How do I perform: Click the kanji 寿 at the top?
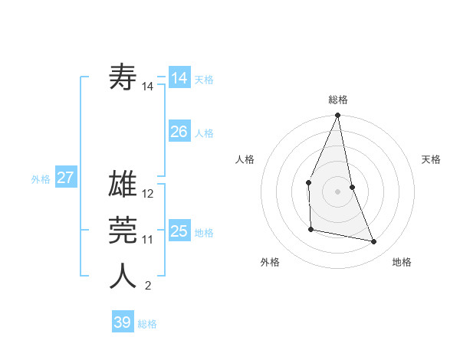click(x=123, y=77)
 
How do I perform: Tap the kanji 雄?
click(x=123, y=185)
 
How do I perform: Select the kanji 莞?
click(x=123, y=231)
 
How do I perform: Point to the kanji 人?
click(x=123, y=277)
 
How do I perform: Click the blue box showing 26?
click(x=179, y=132)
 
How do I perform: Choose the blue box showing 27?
click(x=65, y=178)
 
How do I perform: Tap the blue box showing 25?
click(x=179, y=231)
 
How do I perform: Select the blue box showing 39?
click(x=122, y=322)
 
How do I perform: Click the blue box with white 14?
click(x=179, y=78)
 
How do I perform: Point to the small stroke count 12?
click(x=148, y=194)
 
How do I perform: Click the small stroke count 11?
click(x=148, y=240)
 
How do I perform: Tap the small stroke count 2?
click(x=147, y=286)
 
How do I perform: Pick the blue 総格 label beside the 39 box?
click(x=147, y=324)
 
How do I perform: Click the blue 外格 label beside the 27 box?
click(x=41, y=179)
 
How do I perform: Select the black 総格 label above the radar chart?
click(x=337, y=100)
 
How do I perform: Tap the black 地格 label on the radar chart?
click(x=402, y=262)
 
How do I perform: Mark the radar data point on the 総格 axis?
click(x=337, y=116)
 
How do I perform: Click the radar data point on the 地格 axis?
click(x=374, y=242)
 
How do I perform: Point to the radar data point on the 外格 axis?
click(x=310, y=229)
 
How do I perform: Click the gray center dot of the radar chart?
click(x=337, y=191)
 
